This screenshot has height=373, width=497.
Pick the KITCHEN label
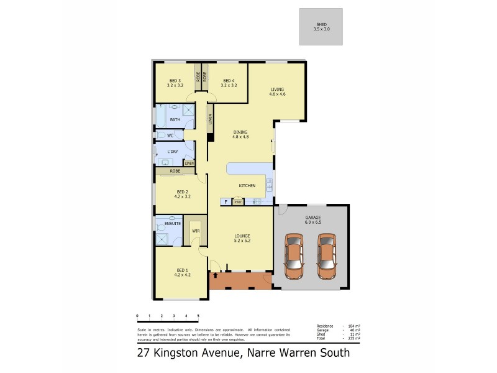pos(247,186)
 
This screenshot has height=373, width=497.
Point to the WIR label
pos(196,231)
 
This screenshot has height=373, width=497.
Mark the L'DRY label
pos(173,152)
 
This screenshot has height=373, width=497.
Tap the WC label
pos(170,135)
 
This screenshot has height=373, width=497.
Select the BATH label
pos(175,120)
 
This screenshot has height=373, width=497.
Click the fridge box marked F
pos(225,202)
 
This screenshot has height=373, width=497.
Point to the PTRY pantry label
pos(237,202)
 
